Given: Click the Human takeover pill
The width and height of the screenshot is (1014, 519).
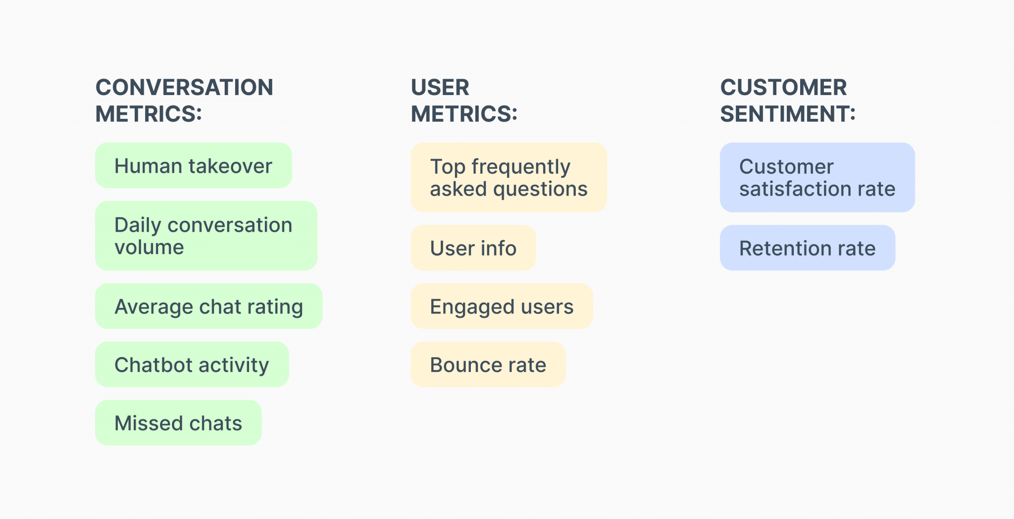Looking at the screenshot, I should tap(193, 166).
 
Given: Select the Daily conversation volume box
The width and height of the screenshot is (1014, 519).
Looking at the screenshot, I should tap(206, 236).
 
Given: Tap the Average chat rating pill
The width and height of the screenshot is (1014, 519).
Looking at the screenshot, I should tap(208, 307).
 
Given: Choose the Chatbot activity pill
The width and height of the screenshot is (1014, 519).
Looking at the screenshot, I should tap(192, 364).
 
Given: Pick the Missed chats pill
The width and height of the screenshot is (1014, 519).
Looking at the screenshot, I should tap(178, 423).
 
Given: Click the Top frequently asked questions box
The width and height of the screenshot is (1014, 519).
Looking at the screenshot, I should tap(508, 178).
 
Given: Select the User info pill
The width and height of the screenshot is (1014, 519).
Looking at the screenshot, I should tap(473, 248).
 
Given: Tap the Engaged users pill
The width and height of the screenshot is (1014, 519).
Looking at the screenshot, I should tap(502, 307).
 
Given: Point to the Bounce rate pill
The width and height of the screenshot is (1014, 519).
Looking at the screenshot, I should tap(488, 364).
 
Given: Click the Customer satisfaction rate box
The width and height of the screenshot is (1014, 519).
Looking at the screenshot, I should tap(817, 178).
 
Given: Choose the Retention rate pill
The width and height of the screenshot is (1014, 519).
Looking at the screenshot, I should tap(807, 248).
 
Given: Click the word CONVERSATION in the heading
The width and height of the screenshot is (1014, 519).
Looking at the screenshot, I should tap(184, 88).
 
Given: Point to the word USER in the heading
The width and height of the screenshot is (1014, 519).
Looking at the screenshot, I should tap(440, 88).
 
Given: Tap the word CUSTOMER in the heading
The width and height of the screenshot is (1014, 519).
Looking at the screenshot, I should tap(783, 88).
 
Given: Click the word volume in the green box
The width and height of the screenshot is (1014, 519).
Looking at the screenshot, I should tap(149, 247).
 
